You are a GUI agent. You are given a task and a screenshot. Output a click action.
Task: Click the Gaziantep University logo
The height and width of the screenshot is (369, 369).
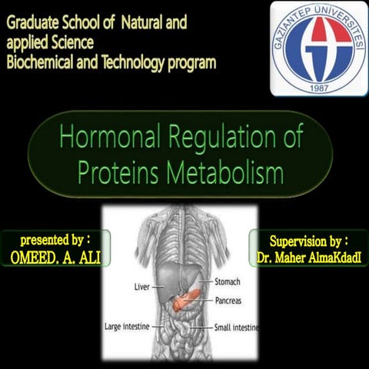pyautogui.click(x=318, y=48)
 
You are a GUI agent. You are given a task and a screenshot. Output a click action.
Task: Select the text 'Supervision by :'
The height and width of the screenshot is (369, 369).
pyautogui.click(x=309, y=239)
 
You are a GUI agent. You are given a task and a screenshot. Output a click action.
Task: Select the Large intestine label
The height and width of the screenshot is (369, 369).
pyautogui.click(x=131, y=327)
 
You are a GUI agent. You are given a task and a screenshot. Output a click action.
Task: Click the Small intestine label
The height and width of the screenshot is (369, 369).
pyautogui.click(x=236, y=327)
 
